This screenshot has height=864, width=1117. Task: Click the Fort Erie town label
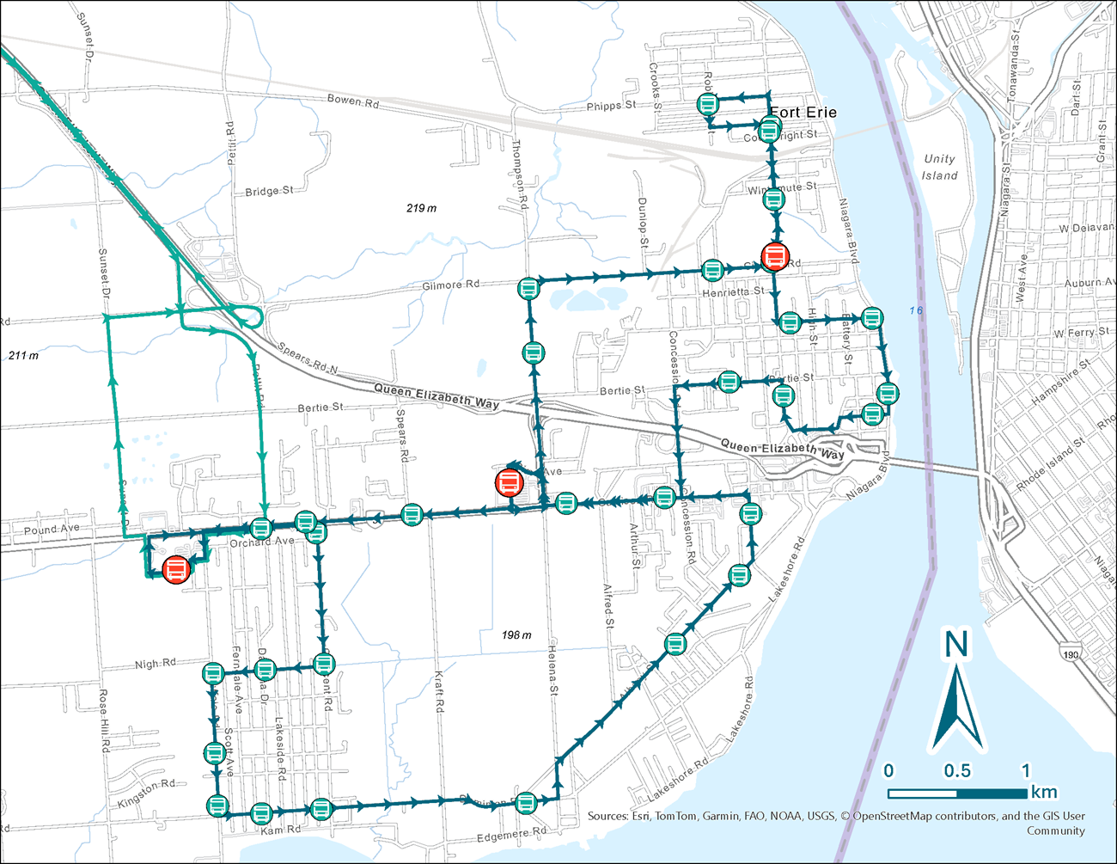(803, 113)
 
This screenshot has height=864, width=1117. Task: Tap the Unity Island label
(939, 167)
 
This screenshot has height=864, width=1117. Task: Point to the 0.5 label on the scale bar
(957, 771)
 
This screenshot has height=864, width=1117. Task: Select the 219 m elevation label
(421, 209)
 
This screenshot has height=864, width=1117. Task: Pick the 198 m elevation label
(516, 635)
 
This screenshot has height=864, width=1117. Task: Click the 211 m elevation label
(23, 356)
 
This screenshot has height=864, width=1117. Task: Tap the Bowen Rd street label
(352, 101)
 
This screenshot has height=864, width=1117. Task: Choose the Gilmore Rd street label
(451, 285)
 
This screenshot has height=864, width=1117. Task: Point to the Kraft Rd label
(439, 691)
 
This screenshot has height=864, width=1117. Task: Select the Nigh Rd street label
(155, 664)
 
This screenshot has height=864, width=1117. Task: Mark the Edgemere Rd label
(511, 835)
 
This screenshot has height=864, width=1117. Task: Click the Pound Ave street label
(52, 530)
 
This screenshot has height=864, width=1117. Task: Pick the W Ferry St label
(1081, 333)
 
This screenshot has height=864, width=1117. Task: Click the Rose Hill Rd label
(104, 720)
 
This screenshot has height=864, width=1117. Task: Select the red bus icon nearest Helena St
(509, 482)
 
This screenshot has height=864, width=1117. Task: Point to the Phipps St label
(611, 106)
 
